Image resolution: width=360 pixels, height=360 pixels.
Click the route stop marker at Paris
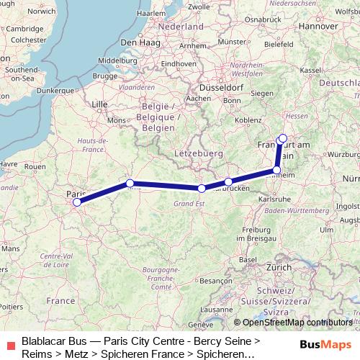(x=77, y=202)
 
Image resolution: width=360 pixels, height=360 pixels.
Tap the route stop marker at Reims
(x=130, y=183)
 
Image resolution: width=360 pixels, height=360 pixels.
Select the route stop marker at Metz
(x=202, y=189)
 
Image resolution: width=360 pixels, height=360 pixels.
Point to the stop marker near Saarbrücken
(x=228, y=182)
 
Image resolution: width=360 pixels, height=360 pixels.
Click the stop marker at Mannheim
(x=277, y=171)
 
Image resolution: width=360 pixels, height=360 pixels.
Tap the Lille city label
(x=99, y=104)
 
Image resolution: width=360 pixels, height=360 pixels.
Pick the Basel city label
(x=248, y=259)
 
